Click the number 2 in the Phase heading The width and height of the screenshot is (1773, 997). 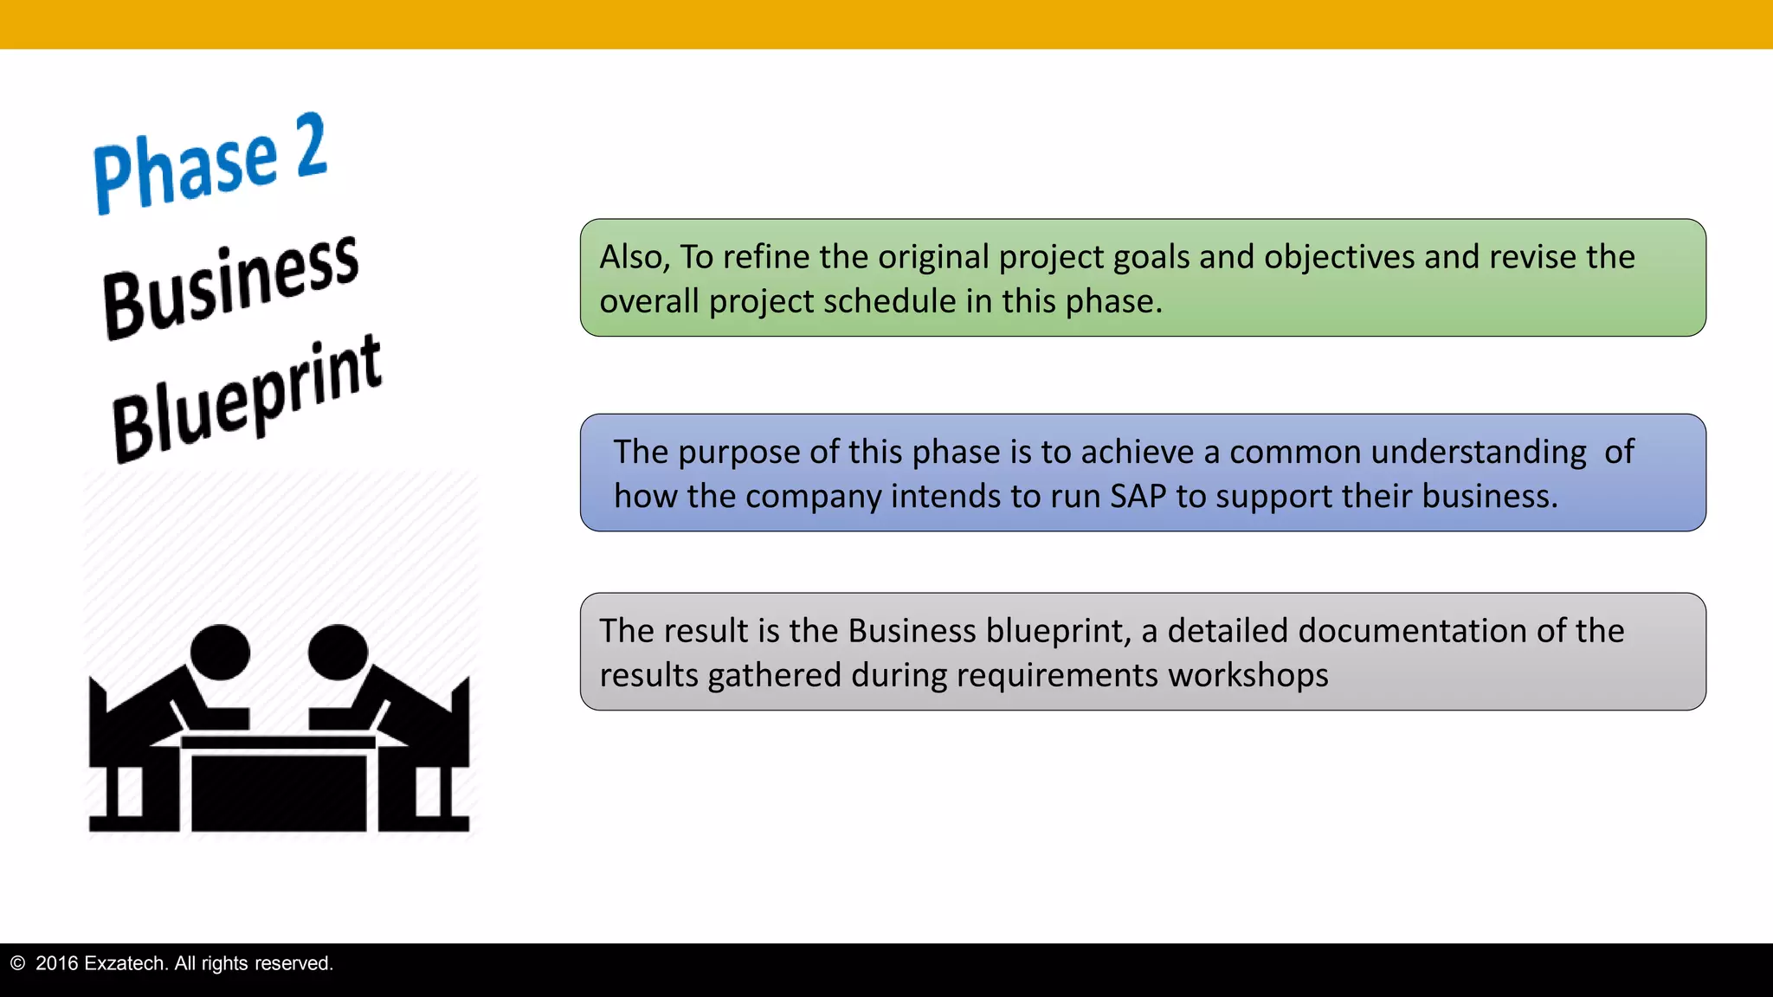click(311, 145)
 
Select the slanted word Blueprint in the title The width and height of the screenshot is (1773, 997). click(247, 399)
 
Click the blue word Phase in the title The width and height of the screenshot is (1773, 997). click(185, 170)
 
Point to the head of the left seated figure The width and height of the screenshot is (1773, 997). click(220, 652)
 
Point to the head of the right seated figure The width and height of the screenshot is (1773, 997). click(338, 652)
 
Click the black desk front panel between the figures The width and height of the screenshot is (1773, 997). click(278, 791)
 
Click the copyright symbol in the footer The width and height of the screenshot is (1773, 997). click(17, 963)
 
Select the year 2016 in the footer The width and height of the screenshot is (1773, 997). click(56, 963)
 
